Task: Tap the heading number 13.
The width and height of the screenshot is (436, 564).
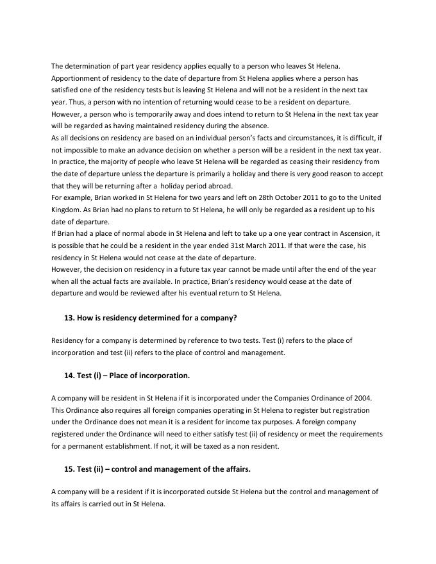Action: (69, 317)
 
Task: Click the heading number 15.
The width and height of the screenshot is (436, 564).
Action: (69, 469)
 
